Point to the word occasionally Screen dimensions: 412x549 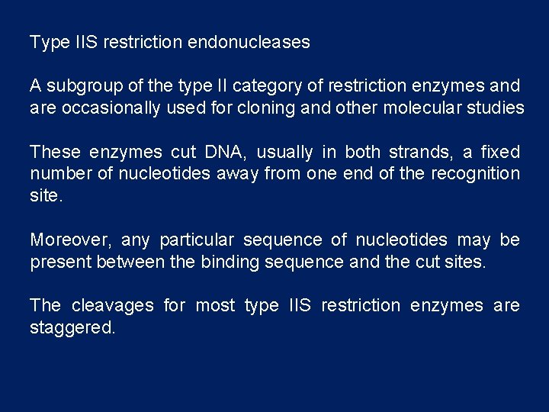(111, 108)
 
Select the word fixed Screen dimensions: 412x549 (500, 152)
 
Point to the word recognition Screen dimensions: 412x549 (475, 174)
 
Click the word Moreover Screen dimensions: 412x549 (70, 240)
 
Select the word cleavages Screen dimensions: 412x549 (112, 306)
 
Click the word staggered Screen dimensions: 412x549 (72, 328)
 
